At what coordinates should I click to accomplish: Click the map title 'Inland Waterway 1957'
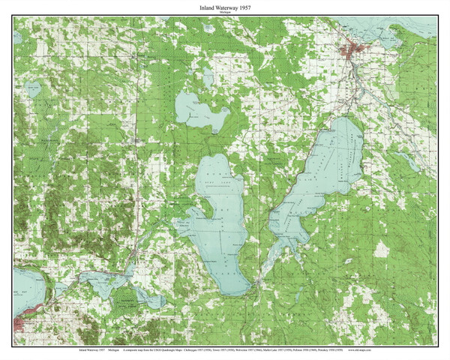pyautogui.click(x=224, y=7)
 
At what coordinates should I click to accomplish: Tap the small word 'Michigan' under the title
pyautogui.click(x=224, y=13)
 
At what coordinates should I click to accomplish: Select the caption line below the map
pyautogui.click(x=224, y=349)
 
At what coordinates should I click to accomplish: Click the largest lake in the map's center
pyautogui.click(x=222, y=225)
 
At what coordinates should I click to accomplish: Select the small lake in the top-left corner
pyautogui.click(x=33, y=89)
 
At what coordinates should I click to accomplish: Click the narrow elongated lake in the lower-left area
pyautogui.click(x=120, y=289)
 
